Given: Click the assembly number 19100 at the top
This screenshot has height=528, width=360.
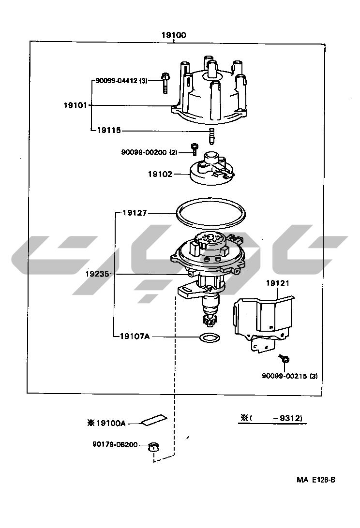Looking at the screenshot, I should (174, 35).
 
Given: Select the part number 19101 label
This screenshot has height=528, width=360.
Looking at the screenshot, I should (75, 105).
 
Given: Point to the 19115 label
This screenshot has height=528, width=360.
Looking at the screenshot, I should (108, 130).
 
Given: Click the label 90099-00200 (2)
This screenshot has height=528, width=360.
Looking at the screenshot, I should (149, 152).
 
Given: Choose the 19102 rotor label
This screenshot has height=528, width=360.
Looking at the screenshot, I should (160, 173).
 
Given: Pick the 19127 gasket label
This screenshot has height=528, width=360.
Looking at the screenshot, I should (135, 212).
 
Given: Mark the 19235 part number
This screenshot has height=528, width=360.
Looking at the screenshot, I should (97, 274).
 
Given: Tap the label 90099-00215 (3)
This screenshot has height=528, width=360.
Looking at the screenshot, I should (290, 376).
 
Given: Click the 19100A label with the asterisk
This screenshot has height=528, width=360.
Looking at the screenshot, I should (106, 423).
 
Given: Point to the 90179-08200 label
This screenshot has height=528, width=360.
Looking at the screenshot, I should (115, 444).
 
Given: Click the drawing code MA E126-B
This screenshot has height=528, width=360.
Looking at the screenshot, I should (316, 480).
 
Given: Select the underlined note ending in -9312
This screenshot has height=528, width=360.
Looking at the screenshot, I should (273, 419).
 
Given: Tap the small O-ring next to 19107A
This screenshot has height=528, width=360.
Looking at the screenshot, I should (209, 337).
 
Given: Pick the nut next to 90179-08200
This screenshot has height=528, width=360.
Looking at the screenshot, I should (153, 446).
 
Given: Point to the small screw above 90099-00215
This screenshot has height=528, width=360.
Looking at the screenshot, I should (284, 358).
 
